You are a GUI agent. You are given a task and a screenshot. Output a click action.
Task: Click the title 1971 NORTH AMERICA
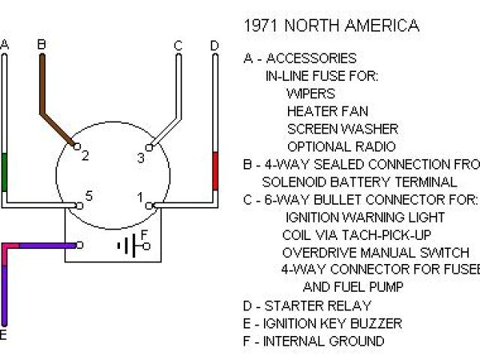331,25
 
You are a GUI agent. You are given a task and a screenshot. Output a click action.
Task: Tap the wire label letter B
42,45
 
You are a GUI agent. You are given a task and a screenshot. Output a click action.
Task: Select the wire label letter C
178,46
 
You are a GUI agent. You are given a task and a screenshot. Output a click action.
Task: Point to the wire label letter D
214,46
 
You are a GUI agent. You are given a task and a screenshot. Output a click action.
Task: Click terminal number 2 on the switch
85,156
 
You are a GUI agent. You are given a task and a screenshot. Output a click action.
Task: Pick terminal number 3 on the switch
140,157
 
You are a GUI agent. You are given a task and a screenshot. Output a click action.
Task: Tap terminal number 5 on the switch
88,196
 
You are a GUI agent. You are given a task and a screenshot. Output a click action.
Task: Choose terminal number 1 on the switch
139,198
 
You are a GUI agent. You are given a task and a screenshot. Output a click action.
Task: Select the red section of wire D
215,170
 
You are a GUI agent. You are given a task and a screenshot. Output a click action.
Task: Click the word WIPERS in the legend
310,94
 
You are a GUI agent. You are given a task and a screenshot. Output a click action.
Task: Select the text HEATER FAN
327,111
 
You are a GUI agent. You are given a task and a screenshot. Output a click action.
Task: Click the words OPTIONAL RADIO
340,147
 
